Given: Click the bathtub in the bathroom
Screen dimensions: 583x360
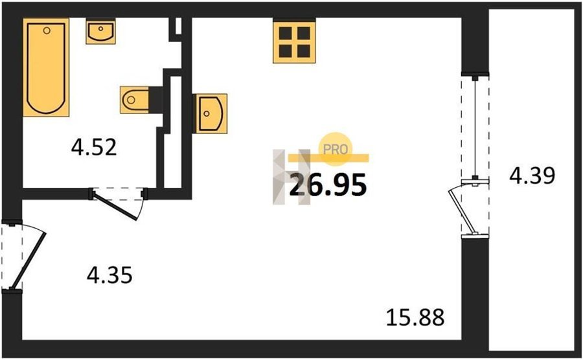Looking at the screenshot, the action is click(x=46, y=67).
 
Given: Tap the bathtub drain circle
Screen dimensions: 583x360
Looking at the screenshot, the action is click(x=47, y=30).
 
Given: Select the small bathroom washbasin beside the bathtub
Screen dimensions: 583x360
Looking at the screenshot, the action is click(x=100, y=32).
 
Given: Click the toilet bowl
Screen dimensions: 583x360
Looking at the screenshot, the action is click(x=134, y=100).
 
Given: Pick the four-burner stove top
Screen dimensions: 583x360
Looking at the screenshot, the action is click(x=294, y=41).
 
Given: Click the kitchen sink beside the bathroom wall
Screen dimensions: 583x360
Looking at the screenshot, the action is click(x=210, y=113).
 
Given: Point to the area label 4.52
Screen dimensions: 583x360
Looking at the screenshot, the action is click(x=94, y=147).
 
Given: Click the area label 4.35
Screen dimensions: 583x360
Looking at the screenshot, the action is click(x=109, y=275).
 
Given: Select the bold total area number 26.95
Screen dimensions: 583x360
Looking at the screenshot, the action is click(x=328, y=185).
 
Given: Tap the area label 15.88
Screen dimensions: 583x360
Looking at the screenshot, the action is click(x=415, y=318).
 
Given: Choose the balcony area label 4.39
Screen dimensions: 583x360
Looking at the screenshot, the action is click(x=532, y=175).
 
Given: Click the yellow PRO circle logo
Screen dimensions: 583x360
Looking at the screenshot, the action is click(x=336, y=149).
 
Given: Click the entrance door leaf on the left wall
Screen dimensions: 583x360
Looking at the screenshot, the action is click(x=29, y=260).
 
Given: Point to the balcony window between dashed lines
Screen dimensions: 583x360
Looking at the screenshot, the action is click(x=475, y=129).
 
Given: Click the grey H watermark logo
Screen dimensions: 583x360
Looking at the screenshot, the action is click(x=292, y=177).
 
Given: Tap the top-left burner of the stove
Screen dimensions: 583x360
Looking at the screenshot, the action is click(x=285, y=33).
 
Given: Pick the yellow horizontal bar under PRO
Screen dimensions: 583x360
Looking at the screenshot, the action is click(x=328, y=158).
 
